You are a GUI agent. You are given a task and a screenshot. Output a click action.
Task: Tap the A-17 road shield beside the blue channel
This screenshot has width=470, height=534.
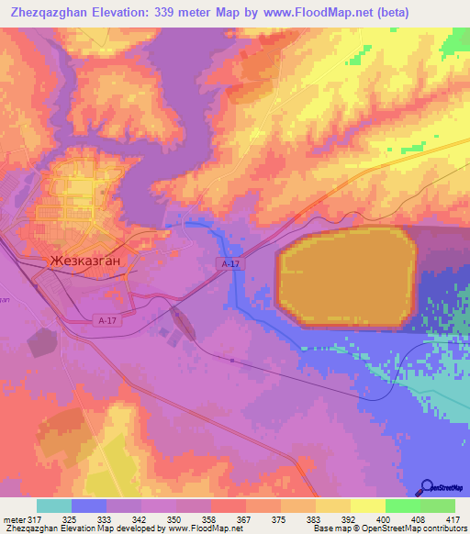point(230,263)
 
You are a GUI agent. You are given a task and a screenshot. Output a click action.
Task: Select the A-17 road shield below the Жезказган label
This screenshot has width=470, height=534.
point(106,320)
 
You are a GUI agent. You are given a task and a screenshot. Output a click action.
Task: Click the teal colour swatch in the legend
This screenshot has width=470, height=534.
point(54,506)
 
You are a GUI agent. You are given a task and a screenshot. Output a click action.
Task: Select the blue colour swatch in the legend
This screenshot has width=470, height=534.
point(89,506)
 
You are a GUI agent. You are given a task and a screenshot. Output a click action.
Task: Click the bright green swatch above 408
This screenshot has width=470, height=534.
point(402,506)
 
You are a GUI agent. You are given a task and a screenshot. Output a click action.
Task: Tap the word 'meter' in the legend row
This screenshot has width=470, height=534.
point(14,520)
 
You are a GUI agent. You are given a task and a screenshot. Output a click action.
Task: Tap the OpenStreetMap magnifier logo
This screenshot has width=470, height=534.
point(425,486)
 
